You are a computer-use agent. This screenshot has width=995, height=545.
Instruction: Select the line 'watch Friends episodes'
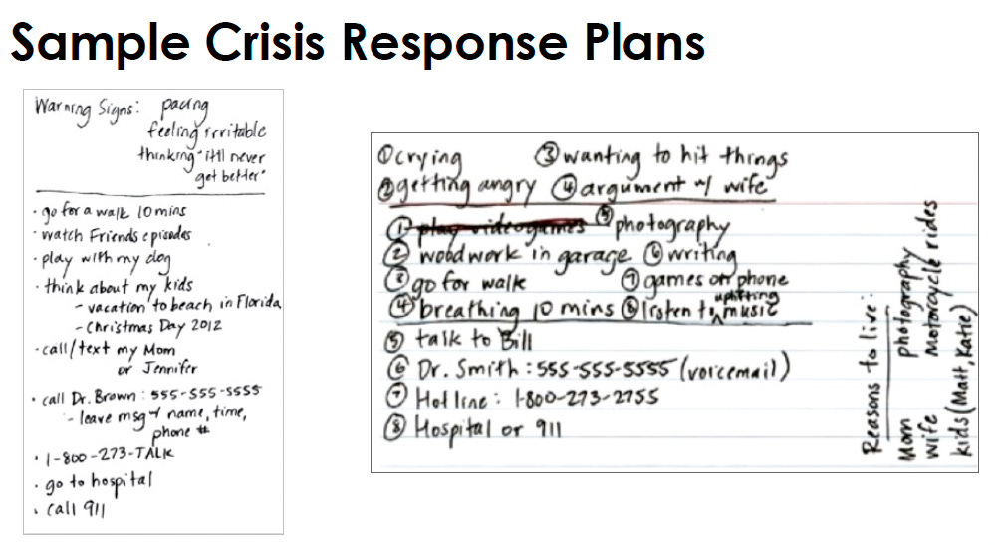117,236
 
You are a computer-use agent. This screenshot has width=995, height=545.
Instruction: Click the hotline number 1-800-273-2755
573,400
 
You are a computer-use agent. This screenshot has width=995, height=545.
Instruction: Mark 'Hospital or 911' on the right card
488,431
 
